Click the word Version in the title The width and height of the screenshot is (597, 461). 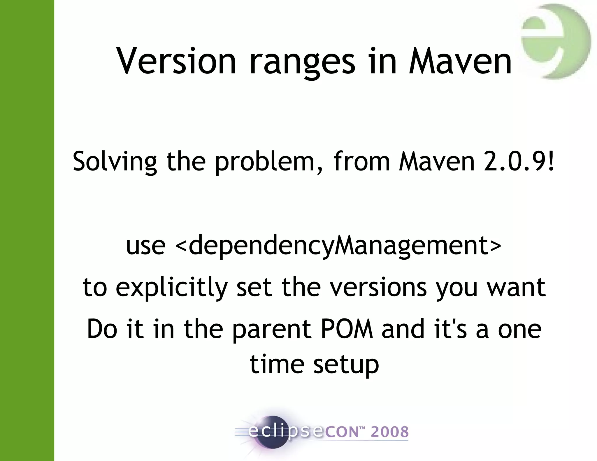176,61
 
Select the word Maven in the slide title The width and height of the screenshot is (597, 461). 460,61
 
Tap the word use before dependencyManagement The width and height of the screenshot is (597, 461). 146,246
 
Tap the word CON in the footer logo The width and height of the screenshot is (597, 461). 340,432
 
